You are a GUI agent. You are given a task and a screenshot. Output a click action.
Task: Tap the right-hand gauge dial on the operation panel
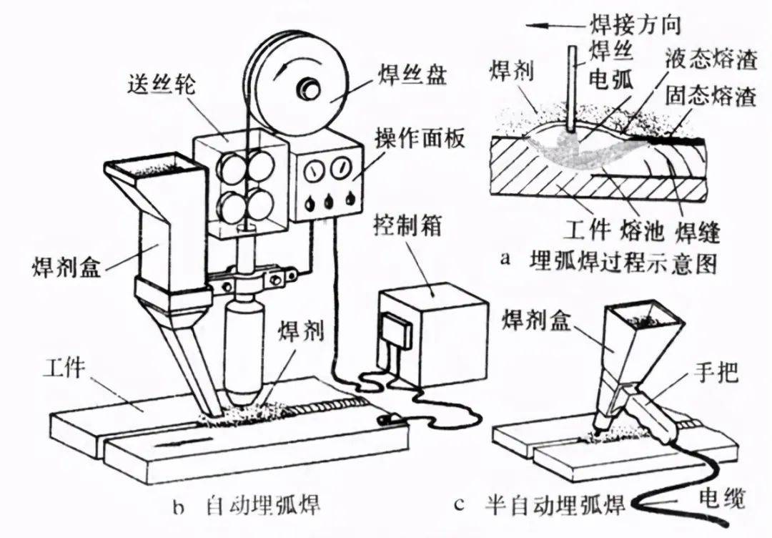[340, 171]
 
